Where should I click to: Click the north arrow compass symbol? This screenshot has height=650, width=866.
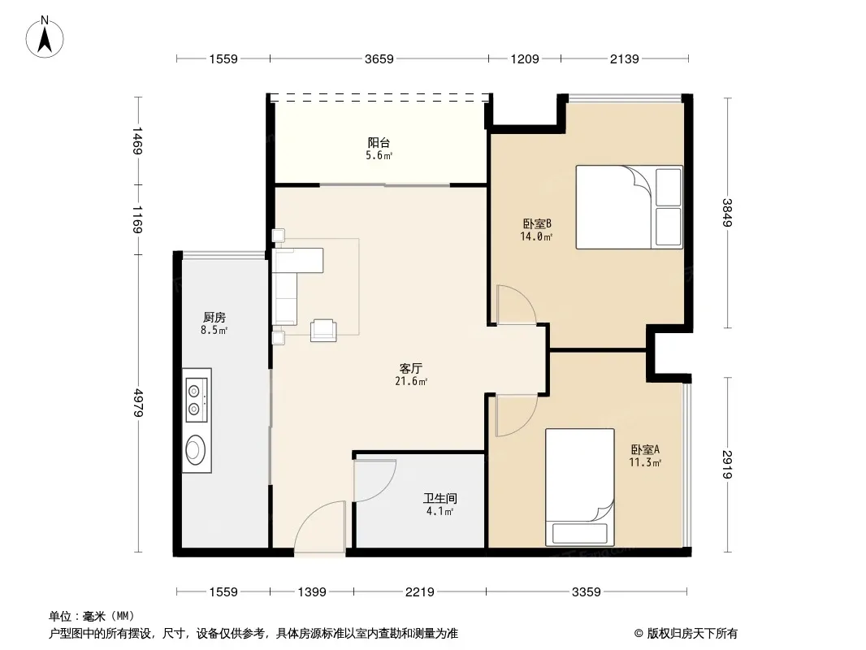pos(45,37)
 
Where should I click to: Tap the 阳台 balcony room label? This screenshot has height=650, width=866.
pos(379,142)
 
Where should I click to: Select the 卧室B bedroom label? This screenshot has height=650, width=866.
pos(537,223)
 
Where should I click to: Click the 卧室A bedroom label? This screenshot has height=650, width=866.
pos(645,449)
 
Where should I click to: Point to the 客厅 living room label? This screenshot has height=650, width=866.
pos(411,368)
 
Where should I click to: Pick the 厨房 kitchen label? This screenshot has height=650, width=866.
pos(214,318)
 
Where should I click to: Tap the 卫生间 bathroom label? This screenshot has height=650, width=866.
pos(440,499)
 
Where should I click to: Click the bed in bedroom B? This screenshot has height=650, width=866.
pos(629,207)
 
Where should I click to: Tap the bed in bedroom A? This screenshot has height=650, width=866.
pos(580,487)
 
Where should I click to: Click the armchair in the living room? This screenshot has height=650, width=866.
pos(323,330)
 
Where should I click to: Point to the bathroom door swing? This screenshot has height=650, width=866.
pos(375,480)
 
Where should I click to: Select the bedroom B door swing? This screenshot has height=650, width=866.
pos(517,305)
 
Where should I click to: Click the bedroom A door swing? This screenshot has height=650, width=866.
pos(517,416)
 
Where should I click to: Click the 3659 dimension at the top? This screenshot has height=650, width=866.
pos(379,58)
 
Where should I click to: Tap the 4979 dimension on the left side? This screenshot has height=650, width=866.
pos(138,403)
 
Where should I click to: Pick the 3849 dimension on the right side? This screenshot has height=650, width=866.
pos(727,213)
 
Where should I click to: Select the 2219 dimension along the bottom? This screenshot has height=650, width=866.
pos(420,592)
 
